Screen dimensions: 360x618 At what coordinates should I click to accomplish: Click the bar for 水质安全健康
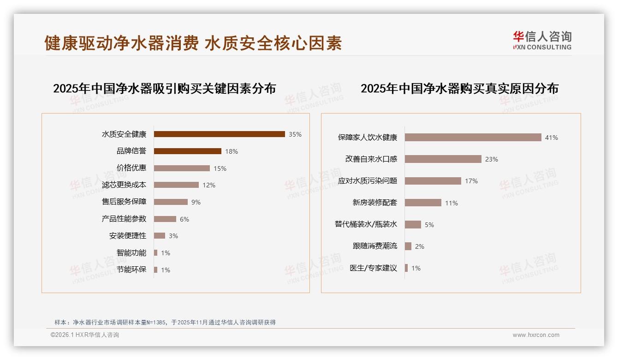point(219,134)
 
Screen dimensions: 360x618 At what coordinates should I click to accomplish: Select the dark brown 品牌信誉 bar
point(187,151)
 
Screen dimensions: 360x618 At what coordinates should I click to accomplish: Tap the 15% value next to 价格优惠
point(220,168)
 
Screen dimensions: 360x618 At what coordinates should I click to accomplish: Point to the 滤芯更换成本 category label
point(124,185)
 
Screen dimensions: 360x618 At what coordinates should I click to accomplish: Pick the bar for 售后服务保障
point(171,202)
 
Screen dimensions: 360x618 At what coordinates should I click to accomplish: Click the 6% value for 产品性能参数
point(184,219)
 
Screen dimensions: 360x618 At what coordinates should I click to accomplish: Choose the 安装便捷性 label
point(127,235)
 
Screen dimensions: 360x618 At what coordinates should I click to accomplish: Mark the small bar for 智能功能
point(155,253)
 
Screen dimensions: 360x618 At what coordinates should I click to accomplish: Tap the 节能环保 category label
point(131,270)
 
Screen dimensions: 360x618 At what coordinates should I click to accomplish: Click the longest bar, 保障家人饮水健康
point(473,138)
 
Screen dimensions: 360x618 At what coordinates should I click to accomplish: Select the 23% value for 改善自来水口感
point(492,159)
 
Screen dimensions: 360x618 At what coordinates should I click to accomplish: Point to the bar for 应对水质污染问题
point(433,181)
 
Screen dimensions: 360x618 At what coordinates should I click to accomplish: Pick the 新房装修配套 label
point(374,203)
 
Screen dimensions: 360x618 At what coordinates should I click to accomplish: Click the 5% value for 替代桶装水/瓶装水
point(429,225)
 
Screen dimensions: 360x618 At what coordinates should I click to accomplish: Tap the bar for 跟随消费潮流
point(408,246)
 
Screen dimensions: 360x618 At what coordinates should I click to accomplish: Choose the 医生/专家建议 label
point(373,268)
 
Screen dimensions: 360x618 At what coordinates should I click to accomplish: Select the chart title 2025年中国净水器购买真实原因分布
point(459,88)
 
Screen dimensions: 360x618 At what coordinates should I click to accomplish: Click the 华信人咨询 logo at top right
point(541,40)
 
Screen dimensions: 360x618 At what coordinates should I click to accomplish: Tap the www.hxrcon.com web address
point(536,335)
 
